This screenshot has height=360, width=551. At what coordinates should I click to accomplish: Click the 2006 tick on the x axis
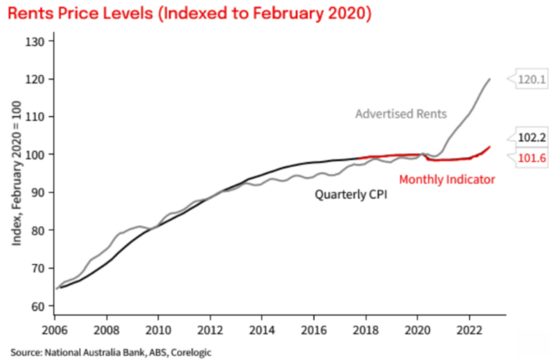[56, 330]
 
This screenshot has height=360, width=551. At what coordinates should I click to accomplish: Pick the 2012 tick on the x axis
[210, 330]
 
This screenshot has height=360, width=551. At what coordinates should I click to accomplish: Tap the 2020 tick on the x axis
[416, 330]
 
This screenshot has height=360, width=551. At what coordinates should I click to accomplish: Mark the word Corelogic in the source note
[191, 352]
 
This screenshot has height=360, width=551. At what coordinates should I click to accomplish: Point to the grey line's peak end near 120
[489, 79]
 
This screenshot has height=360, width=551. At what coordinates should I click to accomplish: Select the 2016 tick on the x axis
[313, 330]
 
